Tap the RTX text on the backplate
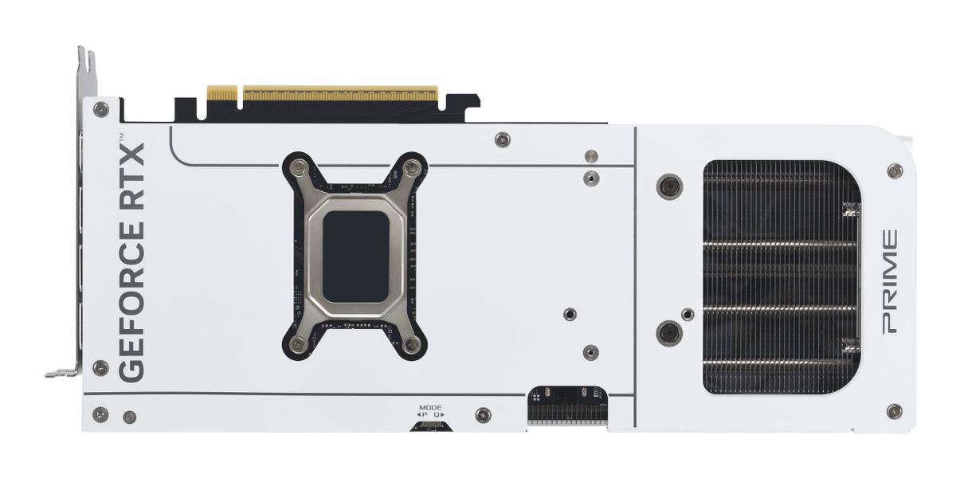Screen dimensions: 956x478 131,176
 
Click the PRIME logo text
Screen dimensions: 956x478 890,281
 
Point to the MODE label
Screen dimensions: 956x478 431,408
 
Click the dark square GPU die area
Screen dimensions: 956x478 355,257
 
